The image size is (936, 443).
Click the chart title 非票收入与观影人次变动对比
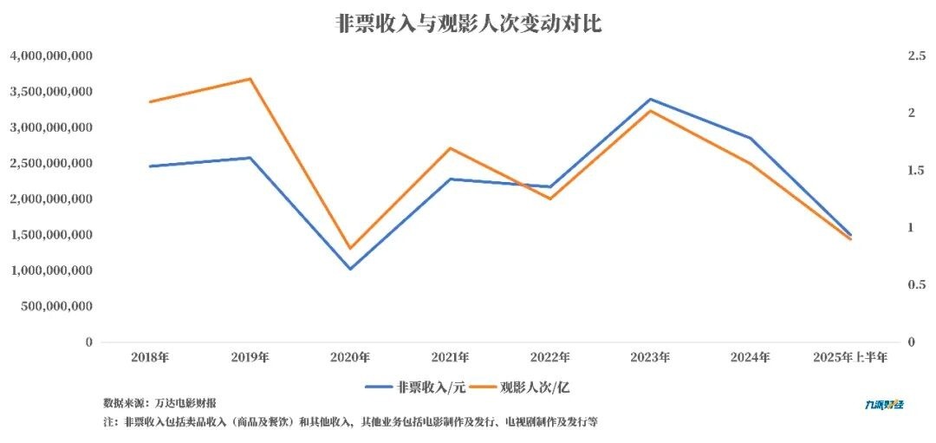[468, 23]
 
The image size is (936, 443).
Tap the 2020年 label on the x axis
[350, 356]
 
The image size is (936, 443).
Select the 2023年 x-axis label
[650, 356]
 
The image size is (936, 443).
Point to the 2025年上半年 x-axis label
[849, 356]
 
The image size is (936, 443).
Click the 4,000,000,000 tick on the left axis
[51, 55]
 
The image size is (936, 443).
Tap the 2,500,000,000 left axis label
[51, 163]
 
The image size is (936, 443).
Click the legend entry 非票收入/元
[416, 387]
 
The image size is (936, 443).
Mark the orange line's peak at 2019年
[250, 79]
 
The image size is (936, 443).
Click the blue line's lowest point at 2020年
[350, 269]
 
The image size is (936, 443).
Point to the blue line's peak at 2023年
[650, 99]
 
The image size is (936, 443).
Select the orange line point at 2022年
[550, 199]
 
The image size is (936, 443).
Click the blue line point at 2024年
[751, 138]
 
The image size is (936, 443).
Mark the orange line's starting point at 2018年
[150, 101]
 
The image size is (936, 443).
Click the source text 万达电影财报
[185, 403]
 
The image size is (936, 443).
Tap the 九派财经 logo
[884, 404]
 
